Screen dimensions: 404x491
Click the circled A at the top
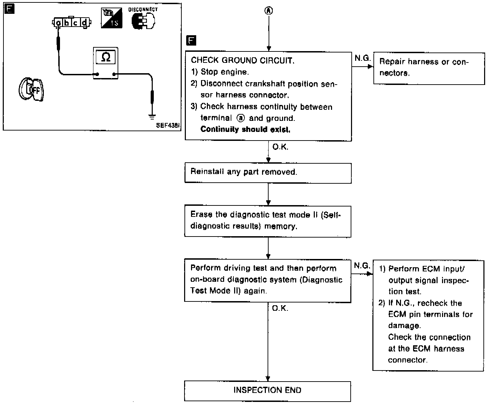pyautogui.click(x=269, y=11)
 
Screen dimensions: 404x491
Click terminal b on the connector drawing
pyautogui.click(x=67, y=23)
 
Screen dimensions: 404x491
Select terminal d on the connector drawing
pyautogui.click(x=84, y=23)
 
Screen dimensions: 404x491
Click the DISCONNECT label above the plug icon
pyautogui.click(x=143, y=10)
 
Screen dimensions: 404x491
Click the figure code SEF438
pyautogui.click(x=168, y=126)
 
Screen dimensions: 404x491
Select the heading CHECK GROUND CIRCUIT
pyautogui.click(x=243, y=61)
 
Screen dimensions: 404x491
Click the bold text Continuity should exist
pyautogui.click(x=245, y=129)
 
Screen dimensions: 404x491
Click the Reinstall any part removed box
pyautogui.click(x=268, y=172)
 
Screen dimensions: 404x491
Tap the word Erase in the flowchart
pyautogui.click(x=201, y=214)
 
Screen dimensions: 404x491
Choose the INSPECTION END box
pyautogui.click(x=268, y=391)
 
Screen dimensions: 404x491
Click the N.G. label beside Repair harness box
pyautogui.click(x=362, y=58)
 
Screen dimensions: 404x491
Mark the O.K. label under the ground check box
pyautogui.click(x=280, y=147)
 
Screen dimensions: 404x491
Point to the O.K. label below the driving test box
pyautogui.click(x=280, y=308)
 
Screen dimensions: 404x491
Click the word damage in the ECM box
pyautogui.click(x=404, y=326)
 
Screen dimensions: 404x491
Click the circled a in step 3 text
pyautogui.click(x=241, y=118)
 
